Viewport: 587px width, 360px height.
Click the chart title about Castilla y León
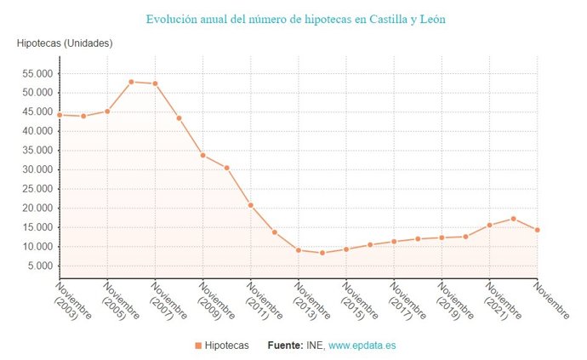pos(295,19)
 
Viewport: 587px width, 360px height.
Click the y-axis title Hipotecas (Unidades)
pos(65,43)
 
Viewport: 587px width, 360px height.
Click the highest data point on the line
pos(131,82)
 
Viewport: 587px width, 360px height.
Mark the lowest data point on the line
pos(322,253)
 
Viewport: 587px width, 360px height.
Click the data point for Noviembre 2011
pos(251,205)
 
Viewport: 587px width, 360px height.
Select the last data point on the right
pos(538,230)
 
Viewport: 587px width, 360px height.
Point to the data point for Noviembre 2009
pos(202,155)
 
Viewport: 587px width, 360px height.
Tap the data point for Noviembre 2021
pos(489,225)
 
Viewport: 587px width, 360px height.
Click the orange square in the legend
pos(197,346)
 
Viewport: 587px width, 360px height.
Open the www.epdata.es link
pos(362,346)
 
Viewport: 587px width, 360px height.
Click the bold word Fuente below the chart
pos(285,346)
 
